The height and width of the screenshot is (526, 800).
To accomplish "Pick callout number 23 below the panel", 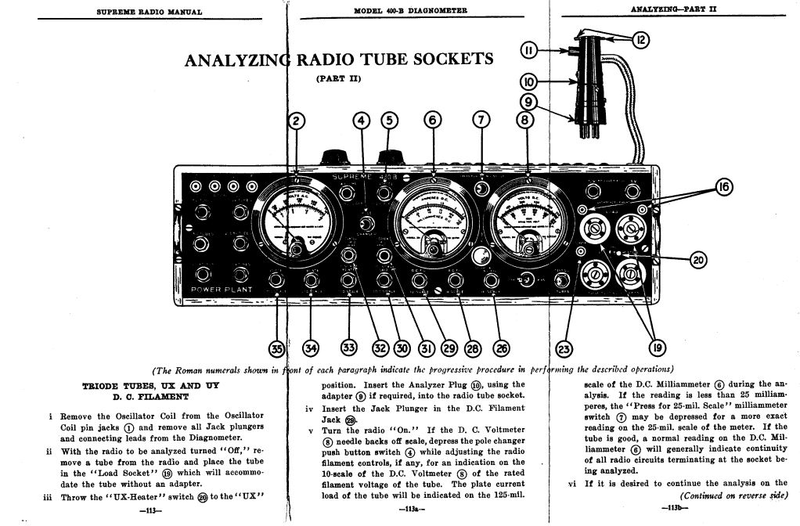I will coord(563,348).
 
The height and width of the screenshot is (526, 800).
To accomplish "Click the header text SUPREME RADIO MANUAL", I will coord(150,12).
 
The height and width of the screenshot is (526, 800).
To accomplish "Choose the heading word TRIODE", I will coord(103,386).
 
